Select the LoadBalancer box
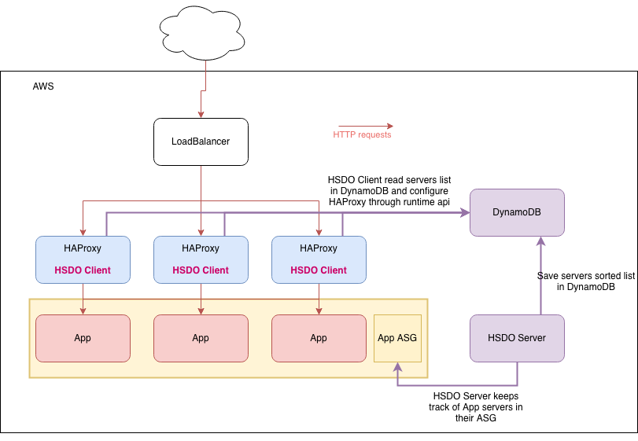coord(201,141)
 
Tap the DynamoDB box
coord(517,212)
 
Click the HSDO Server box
coord(517,338)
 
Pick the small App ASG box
coord(397,338)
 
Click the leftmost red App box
coord(83,338)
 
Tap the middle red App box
coord(201,338)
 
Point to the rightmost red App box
coord(319,338)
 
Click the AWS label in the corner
coord(43,86)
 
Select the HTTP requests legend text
coord(362,134)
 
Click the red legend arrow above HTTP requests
coord(365,125)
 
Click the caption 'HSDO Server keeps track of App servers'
coord(475,406)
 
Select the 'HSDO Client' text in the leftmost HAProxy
coord(83,270)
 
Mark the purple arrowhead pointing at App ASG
coord(397,366)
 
